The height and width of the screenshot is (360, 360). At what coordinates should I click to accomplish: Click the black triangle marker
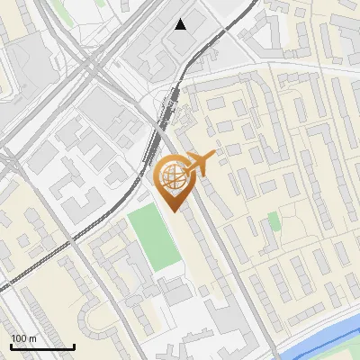[x=181, y=24]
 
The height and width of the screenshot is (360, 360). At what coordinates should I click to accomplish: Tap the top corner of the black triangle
[x=181, y=19]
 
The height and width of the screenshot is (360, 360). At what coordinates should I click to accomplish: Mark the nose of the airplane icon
[x=217, y=157]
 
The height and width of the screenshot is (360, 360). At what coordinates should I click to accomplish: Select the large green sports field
[x=153, y=237]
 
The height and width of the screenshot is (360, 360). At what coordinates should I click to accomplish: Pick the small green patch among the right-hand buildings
[x=274, y=220]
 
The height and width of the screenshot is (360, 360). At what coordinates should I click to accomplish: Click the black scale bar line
[x=41, y=346]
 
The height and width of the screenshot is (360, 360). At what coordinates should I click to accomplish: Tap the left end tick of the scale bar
[x=10, y=344]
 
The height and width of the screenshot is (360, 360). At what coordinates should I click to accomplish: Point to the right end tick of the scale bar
[x=74, y=344]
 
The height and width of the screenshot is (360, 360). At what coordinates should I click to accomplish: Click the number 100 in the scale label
[x=19, y=337]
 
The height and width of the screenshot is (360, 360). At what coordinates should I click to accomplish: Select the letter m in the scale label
[x=32, y=338]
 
